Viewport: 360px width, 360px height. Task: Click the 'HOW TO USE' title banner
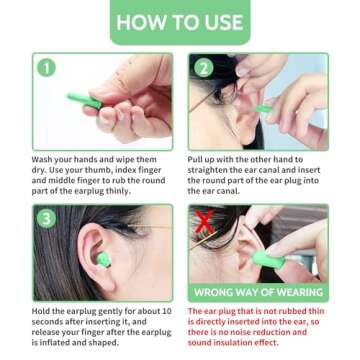[x=180, y=22]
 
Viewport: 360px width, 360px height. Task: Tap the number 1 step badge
[x=47, y=67]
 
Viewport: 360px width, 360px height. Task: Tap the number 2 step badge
[x=203, y=67]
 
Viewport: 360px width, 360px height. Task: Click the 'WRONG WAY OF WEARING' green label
[x=257, y=292]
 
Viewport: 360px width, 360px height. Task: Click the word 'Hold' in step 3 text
[x=41, y=312]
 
